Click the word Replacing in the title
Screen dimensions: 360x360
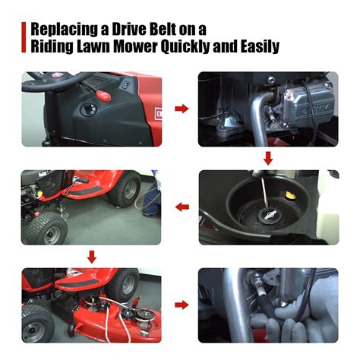(x=65, y=30)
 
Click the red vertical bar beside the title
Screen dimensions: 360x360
(x=24, y=37)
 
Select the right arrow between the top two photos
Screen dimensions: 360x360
(x=182, y=109)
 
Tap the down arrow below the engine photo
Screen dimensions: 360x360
(x=268, y=159)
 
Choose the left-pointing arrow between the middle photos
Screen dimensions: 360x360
(x=182, y=207)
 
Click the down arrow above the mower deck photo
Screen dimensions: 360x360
(x=92, y=257)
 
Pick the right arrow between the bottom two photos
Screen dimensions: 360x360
(x=182, y=305)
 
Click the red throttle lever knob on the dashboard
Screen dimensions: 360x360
(x=103, y=96)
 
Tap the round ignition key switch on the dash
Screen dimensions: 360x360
(x=89, y=109)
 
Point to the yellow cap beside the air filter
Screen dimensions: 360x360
(x=290, y=195)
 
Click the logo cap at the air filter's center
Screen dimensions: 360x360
(x=268, y=216)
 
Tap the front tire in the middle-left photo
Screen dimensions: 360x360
(x=46, y=230)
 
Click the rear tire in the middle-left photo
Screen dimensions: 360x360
(x=124, y=188)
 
